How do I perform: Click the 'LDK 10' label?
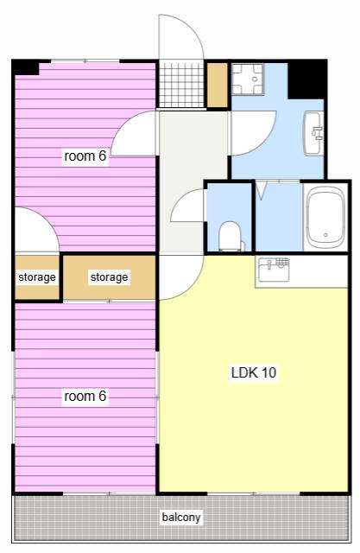click(x=254, y=372)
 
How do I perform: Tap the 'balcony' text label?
click(x=181, y=517)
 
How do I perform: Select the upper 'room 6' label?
click(x=85, y=156)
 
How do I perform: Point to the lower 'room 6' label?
click(x=85, y=396)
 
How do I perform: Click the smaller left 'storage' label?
click(x=37, y=277)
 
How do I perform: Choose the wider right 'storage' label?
click(x=109, y=277)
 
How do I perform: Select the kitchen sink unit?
click(x=274, y=270)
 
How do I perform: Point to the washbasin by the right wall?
click(x=314, y=133)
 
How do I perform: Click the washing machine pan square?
click(x=247, y=79)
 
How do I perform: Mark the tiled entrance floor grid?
click(x=181, y=85)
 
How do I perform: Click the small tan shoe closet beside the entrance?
click(x=218, y=85)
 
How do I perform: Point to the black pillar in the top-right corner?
click(x=307, y=79)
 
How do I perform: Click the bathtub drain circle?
click(x=325, y=235)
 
